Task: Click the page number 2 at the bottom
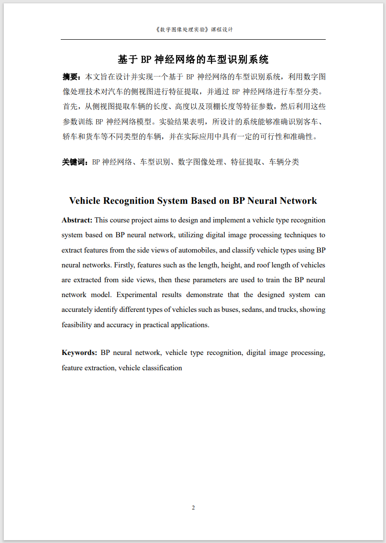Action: (193, 508)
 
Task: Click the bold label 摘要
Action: (72, 77)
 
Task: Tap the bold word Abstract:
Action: (77, 220)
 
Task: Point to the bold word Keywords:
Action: (79, 353)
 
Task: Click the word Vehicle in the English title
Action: (88, 200)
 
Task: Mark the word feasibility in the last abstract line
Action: (77, 325)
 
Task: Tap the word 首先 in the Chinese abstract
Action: (69, 107)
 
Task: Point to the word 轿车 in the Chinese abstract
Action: (69, 137)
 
